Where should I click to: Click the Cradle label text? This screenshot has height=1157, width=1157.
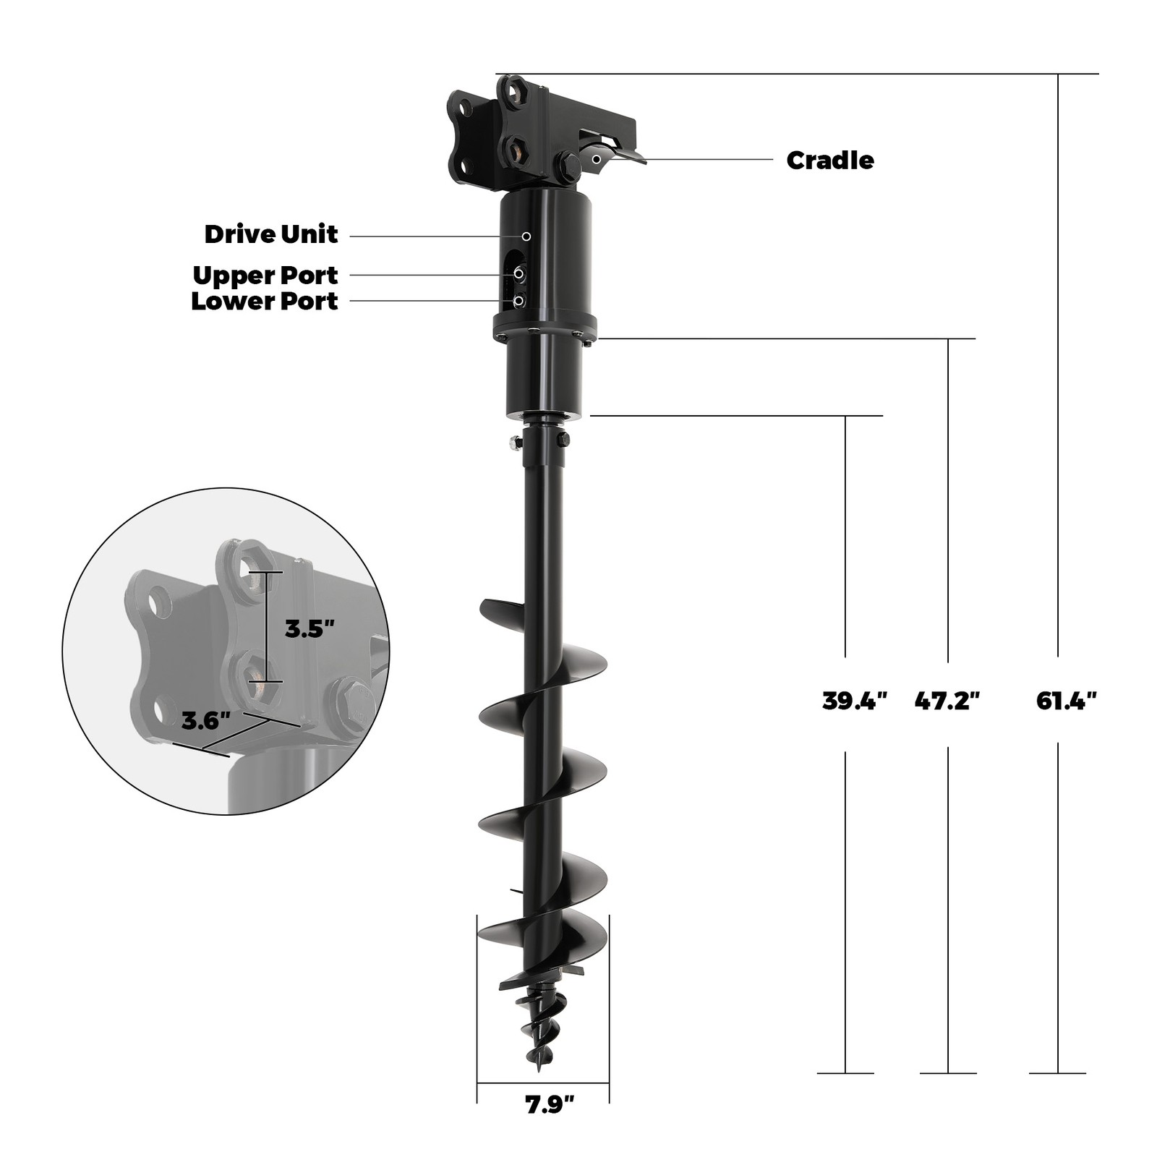[x=829, y=160]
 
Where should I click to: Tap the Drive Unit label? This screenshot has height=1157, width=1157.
[x=270, y=234]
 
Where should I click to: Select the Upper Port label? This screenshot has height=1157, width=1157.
[x=265, y=276]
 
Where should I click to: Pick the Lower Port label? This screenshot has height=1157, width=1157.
[x=264, y=302]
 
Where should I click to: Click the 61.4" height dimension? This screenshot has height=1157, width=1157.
[x=1066, y=701]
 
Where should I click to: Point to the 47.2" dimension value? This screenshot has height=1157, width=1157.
[x=947, y=701]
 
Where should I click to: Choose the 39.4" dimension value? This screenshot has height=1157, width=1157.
[x=854, y=701]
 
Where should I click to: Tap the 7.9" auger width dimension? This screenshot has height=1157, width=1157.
[x=550, y=1104]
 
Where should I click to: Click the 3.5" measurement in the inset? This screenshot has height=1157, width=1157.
[x=309, y=629]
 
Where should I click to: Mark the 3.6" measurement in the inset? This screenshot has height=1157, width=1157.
[x=205, y=721]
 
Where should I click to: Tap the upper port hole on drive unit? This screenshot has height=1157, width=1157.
[x=519, y=274]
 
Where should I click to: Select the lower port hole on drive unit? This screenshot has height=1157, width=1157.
[x=518, y=300]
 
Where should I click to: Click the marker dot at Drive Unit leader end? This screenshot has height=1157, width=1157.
[x=526, y=236]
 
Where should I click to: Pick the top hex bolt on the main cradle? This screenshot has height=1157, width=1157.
[x=513, y=92]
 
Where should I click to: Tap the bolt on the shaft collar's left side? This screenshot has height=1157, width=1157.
[x=516, y=443]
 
